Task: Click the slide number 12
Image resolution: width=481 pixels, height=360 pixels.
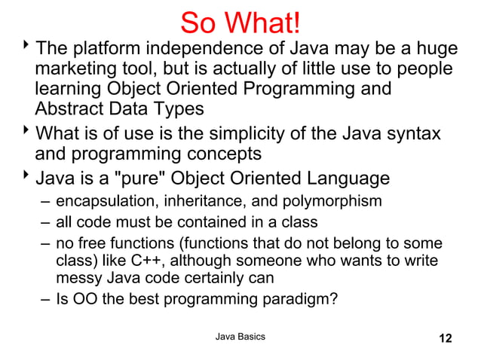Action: [446, 337]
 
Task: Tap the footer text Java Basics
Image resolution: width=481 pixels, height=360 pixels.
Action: [240, 336]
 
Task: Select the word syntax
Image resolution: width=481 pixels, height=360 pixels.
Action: [409, 135]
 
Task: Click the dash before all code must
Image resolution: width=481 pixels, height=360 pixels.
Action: [47, 223]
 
